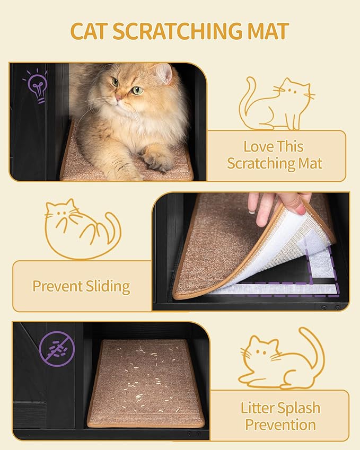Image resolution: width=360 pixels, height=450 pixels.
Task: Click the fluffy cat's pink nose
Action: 118,97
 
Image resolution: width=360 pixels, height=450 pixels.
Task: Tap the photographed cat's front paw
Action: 156,161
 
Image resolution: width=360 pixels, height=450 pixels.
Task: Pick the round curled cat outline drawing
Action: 82,229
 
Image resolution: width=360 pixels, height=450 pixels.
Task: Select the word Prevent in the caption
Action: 57,286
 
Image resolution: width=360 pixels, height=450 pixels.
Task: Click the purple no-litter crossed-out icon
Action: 57,348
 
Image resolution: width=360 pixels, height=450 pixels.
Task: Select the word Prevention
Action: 280,425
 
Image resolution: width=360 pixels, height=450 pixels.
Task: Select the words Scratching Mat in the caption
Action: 275,164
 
